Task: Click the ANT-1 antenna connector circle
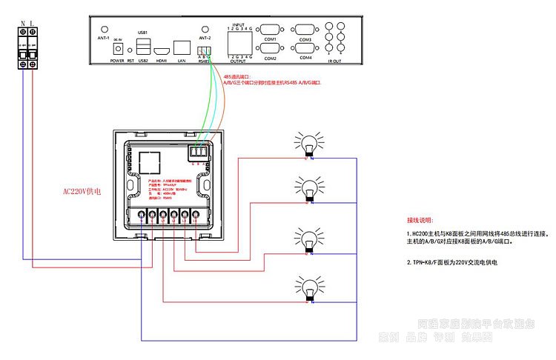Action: pyautogui.click(x=104, y=28)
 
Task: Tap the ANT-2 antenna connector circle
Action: pyautogui.click(x=205, y=28)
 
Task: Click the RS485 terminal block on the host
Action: pyautogui.click(x=204, y=52)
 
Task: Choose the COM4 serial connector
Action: pyautogui.click(x=305, y=49)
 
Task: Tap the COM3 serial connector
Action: pyautogui.click(x=305, y=30)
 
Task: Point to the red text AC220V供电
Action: pyautogui.click(x=82, y=191)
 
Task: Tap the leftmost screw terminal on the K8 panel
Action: pyautogui.click(x=141, y=216)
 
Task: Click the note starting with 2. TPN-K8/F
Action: pyautogui.click(x=451, y=262)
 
